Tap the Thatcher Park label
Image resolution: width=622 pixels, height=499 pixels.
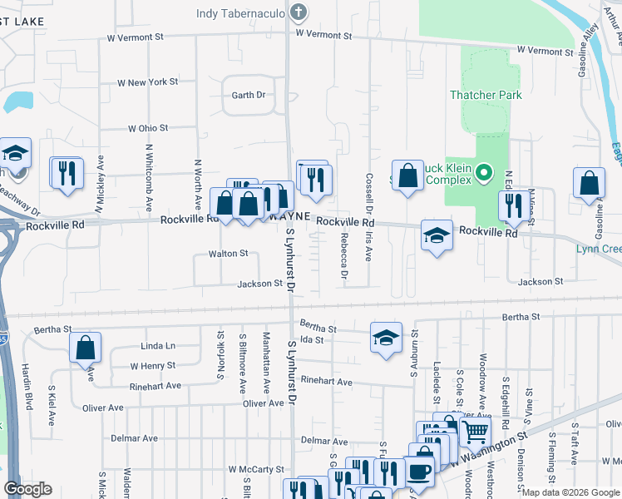486,95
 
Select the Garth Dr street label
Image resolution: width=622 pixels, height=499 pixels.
248,95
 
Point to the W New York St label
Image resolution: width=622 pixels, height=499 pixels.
148,82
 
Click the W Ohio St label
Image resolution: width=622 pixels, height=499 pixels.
148,128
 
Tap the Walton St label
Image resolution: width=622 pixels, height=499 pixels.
228,253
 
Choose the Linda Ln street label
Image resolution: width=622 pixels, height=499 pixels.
158,345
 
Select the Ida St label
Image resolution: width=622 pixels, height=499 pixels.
311,339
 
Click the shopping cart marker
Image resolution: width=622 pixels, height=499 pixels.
474,431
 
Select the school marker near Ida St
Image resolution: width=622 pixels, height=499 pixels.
386,338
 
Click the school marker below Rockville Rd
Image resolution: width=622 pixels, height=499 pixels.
437,235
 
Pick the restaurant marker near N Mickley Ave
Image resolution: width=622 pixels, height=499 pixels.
67,173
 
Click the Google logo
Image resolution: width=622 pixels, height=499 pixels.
27,489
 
